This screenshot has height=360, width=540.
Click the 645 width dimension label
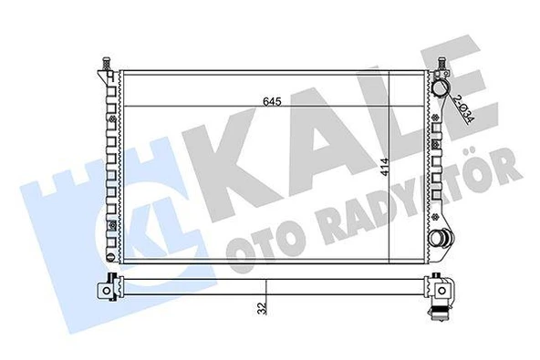point(272,101)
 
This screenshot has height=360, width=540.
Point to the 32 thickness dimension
point(263,308)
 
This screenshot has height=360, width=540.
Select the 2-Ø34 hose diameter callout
point(463,108)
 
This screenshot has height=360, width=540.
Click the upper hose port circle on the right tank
point(441,87)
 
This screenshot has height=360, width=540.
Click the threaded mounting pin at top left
point(107,63)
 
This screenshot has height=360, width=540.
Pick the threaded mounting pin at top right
point(441,63)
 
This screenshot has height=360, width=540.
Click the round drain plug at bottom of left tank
point(110,257)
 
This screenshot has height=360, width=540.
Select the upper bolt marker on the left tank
point(111,119)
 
